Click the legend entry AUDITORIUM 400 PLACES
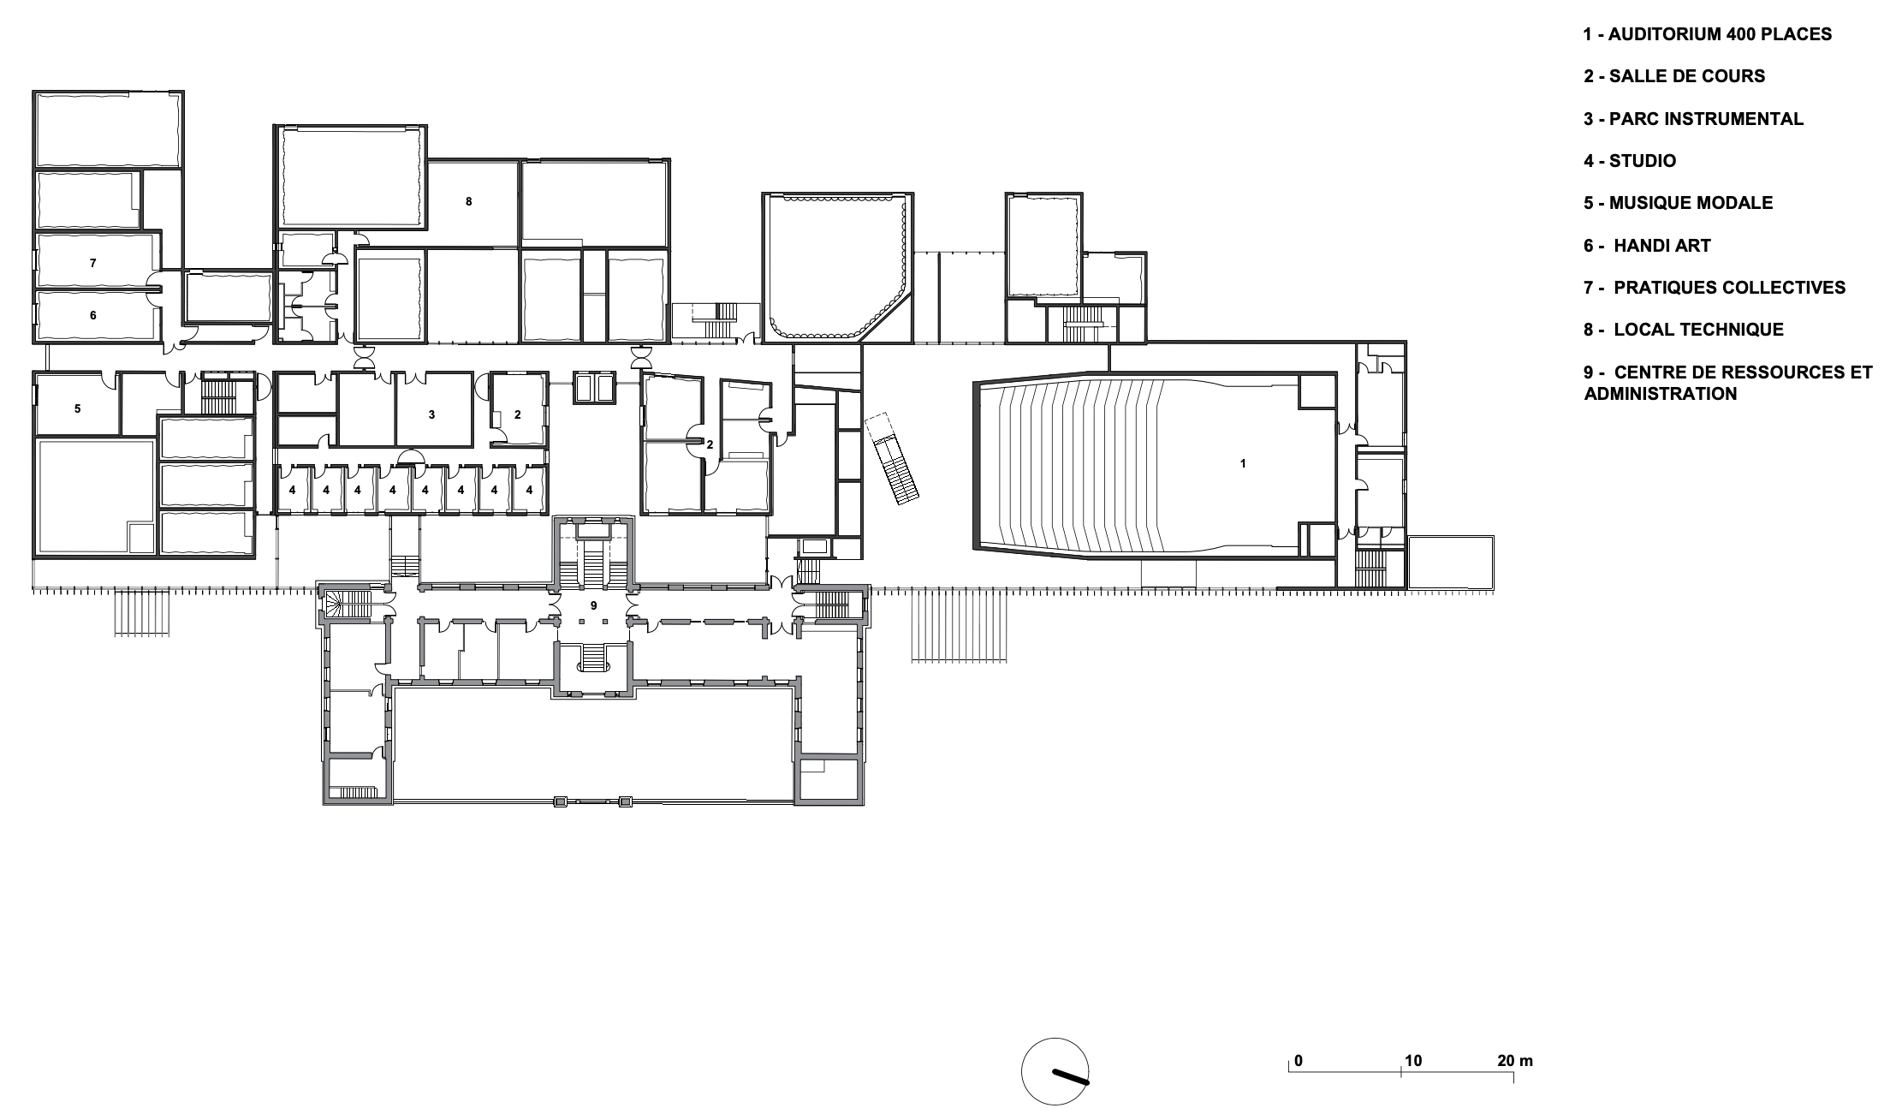[1708, 34]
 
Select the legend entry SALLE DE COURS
[1674, 76]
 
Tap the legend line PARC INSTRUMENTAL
[1693, 119]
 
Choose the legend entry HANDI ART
[1647, 246]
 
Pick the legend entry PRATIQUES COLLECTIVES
[1715, 288]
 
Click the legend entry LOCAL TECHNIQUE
[1684, 330]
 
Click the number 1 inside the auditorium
[1243, 463]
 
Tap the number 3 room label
[431, 414]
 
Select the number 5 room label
[77, 408]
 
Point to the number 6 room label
[93, 315]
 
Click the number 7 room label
[93, 263]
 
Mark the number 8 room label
[468, 201]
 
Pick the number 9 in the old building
[593, 605]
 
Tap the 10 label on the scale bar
[1412, 1061]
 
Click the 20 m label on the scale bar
[1515, 1061]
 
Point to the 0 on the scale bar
[1299, 1061]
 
